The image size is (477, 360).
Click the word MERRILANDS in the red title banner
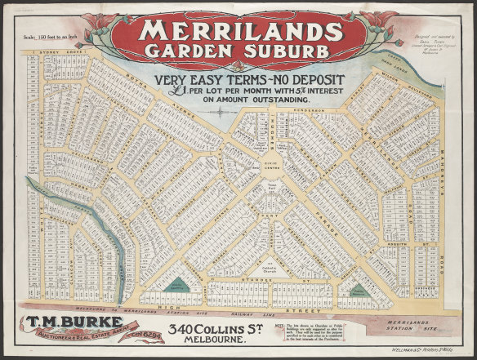point(238,31)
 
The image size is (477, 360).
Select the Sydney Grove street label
point(47,51)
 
